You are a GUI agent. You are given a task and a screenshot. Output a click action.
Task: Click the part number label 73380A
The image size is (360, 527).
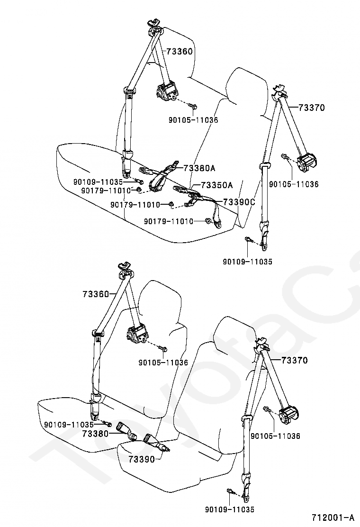pos(199,168)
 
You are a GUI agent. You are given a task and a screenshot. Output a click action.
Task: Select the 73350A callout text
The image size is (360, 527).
pos(217,185)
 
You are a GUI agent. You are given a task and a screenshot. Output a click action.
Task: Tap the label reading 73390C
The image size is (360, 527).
pos(239,202)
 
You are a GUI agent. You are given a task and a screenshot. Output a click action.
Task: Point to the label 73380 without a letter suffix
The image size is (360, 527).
pos(95,433)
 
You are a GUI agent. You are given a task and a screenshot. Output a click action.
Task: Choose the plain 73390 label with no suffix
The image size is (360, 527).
pos(141,459)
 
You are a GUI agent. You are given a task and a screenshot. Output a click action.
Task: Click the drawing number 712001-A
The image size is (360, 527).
pos(333,517)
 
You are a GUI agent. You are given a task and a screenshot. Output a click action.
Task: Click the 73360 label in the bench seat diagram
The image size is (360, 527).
pos(180,51)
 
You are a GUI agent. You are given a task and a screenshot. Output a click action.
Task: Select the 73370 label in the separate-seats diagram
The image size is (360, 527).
pos(295,360)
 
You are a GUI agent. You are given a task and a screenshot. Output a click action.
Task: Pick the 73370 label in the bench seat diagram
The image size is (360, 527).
pos(312,108)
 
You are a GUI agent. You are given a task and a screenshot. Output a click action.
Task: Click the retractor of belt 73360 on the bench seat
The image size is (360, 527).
pos(167,91)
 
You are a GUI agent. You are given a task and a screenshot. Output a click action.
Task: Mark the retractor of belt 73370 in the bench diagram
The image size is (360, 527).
pos(307,164)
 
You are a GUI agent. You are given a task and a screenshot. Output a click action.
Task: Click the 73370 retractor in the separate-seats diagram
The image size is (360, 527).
pos(288,417)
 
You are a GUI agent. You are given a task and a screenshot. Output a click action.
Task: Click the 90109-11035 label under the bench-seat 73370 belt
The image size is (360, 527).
pos(248,261)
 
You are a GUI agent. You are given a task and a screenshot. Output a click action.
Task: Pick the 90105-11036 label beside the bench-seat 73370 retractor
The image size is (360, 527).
pos(294,184)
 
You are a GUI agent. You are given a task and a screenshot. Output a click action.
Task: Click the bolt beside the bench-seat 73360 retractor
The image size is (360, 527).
pos(193,106)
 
